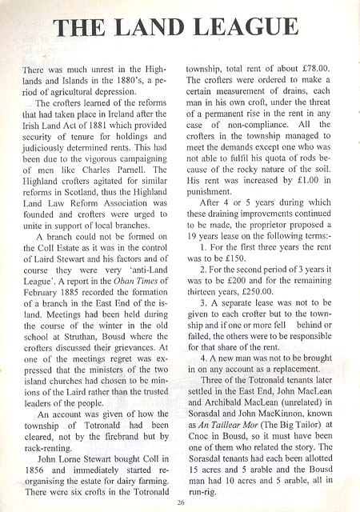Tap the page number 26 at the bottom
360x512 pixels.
181,502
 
